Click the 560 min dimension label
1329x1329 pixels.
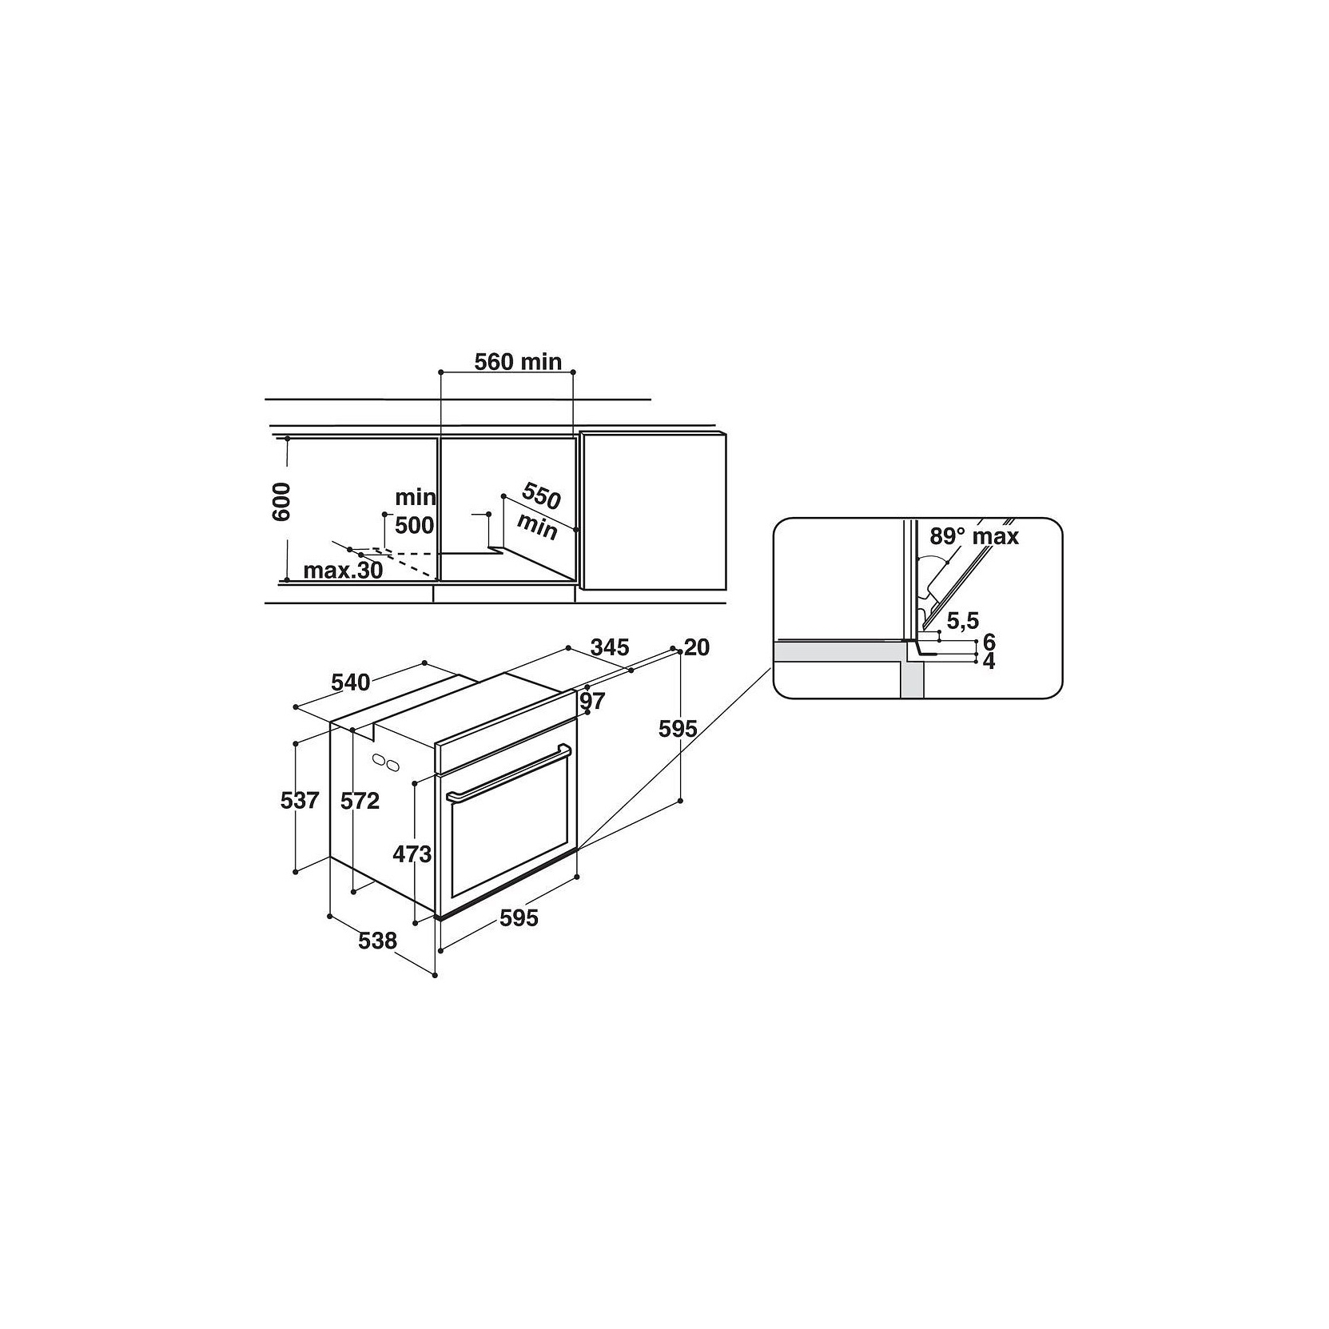point(518,362)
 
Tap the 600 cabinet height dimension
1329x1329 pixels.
point(281,502)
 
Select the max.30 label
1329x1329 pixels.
point(343,571)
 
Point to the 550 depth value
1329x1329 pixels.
point(541,496)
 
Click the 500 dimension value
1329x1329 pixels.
point(414,526)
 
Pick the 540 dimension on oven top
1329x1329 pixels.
point(351,682)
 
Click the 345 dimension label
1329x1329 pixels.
point(610,647)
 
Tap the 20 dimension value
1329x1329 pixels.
point(697,647)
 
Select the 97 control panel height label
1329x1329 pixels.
point(593,701)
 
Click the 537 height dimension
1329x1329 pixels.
point(300,799)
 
